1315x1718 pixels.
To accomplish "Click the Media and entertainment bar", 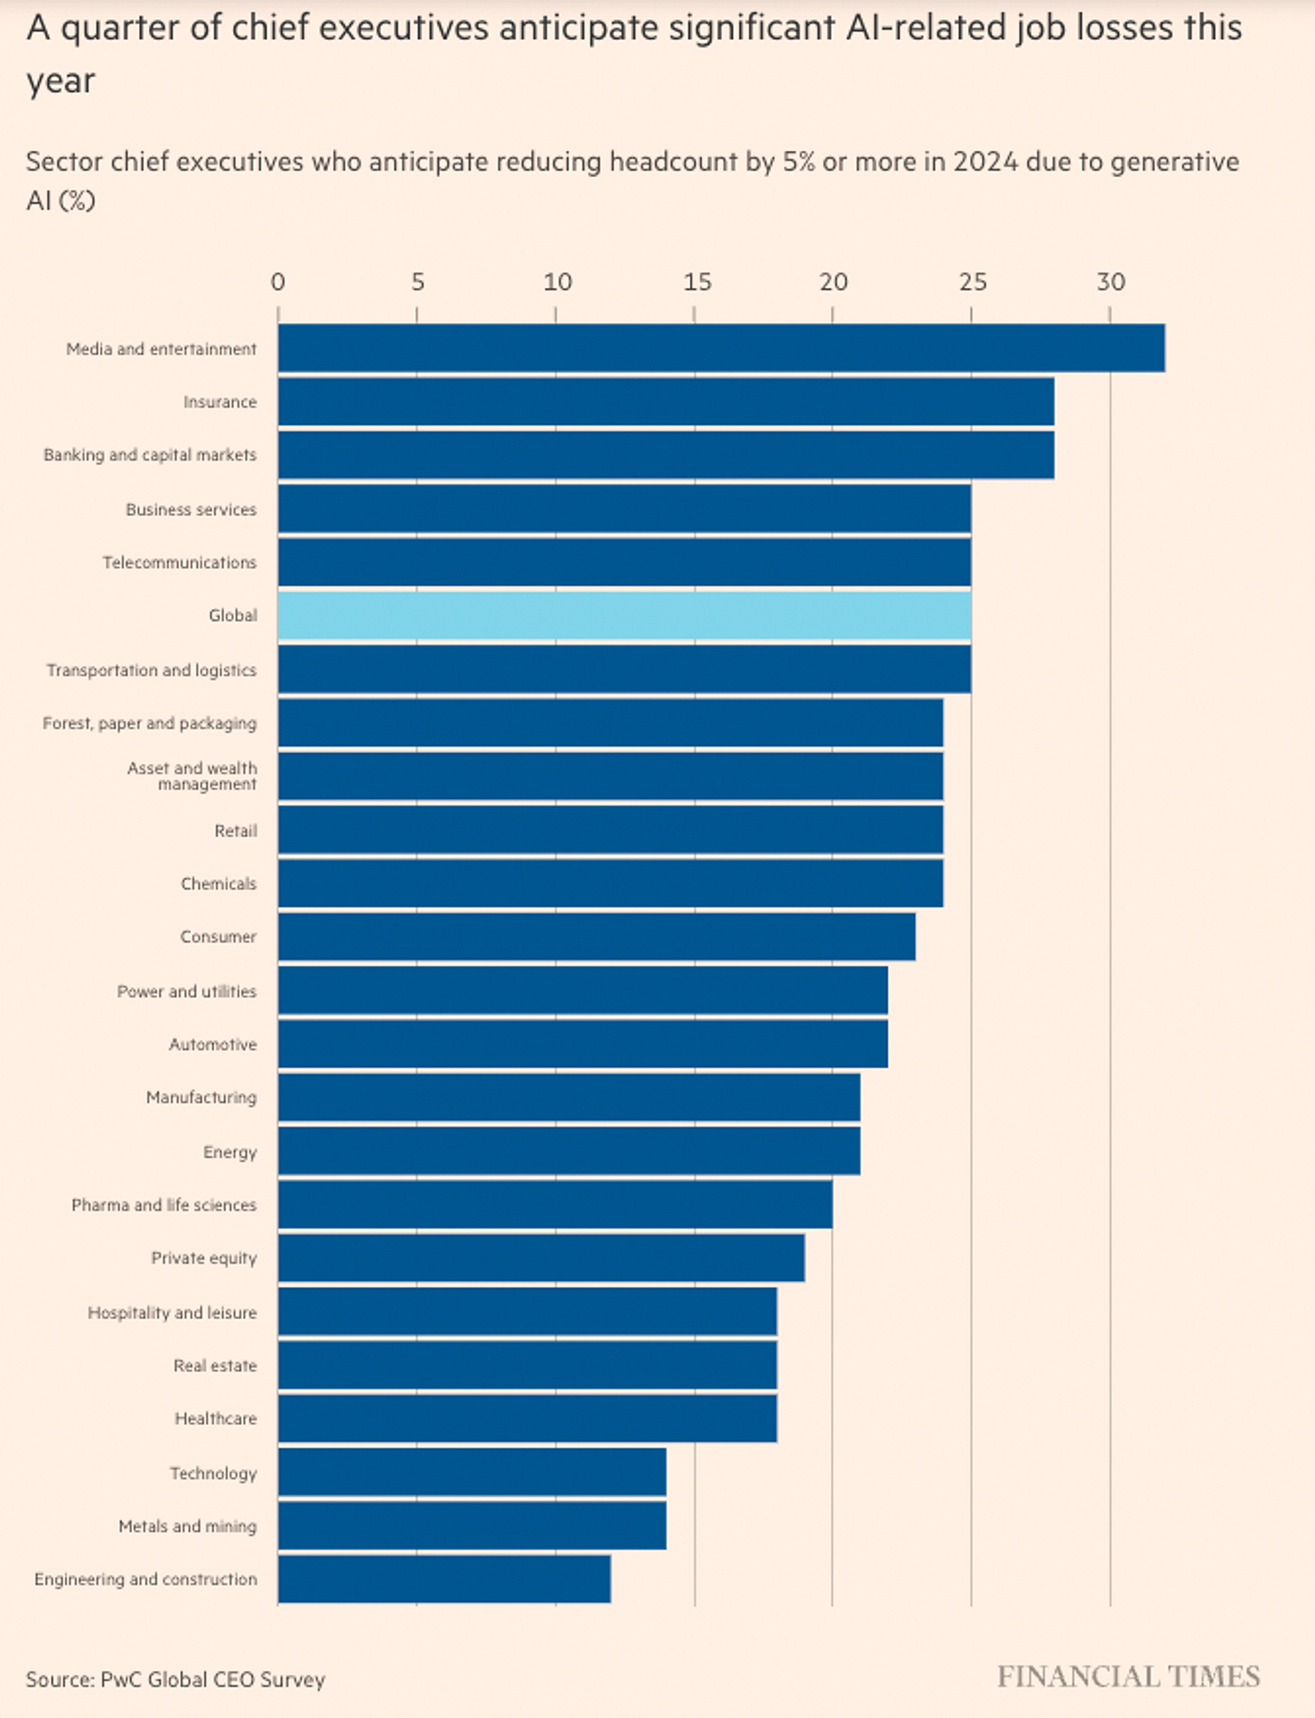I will pyautogui.click(x=721, y=348).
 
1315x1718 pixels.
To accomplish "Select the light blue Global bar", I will pyautogui.click(x=624, y=615).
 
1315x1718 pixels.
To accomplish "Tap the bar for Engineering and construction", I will pyautogui.click(x=443, y=1579).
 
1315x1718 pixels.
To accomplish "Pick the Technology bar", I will pyautogui.click(x=471, y=1472).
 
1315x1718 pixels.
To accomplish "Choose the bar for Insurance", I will pyautogui.click(x=666, y=401).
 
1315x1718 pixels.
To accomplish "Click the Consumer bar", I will pyautogui.click(x=596, y=937).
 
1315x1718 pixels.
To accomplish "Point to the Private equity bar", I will pyautogui.click(x=541, y=1258).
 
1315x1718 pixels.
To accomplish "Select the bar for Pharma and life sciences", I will pyautogui.click(x=555, y=1204).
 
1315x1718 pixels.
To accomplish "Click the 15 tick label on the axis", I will pyautogui.click(x=696, y=283).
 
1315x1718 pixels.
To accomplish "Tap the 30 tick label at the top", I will pyautogui.click(x=1111, y=283).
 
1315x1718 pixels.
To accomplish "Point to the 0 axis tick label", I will pyautogui.click(x=278, y=283).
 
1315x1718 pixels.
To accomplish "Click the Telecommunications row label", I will pyautogui.click(x=180, y=562).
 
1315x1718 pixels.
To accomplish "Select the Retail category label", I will pyautogui.click(x=236, y=831).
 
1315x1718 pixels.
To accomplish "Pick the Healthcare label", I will pyautogui.click(x=216, y=1418).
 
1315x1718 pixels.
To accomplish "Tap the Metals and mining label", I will pyautogui.click(x=188, y=1526).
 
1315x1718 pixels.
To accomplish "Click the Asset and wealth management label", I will pyautogui.click(x=192, y=775).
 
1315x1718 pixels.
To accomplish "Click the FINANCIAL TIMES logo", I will pyautogui.click(x=1128, y=1677).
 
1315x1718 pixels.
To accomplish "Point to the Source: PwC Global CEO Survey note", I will pyautogui.click(x=175, y=1679).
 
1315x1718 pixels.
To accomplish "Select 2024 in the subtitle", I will pyautogui.click(x=985, y=162).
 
